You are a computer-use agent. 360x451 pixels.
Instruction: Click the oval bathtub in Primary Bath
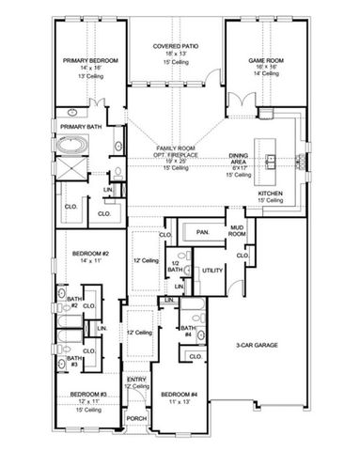(72, 147)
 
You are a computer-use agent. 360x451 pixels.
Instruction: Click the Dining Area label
(239, 161)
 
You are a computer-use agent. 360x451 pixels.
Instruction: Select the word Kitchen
(271, 194)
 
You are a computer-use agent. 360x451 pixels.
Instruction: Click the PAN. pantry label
(203, 231)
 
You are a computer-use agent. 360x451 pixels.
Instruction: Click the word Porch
(137, 419)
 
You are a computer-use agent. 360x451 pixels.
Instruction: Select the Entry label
(137, 379)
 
